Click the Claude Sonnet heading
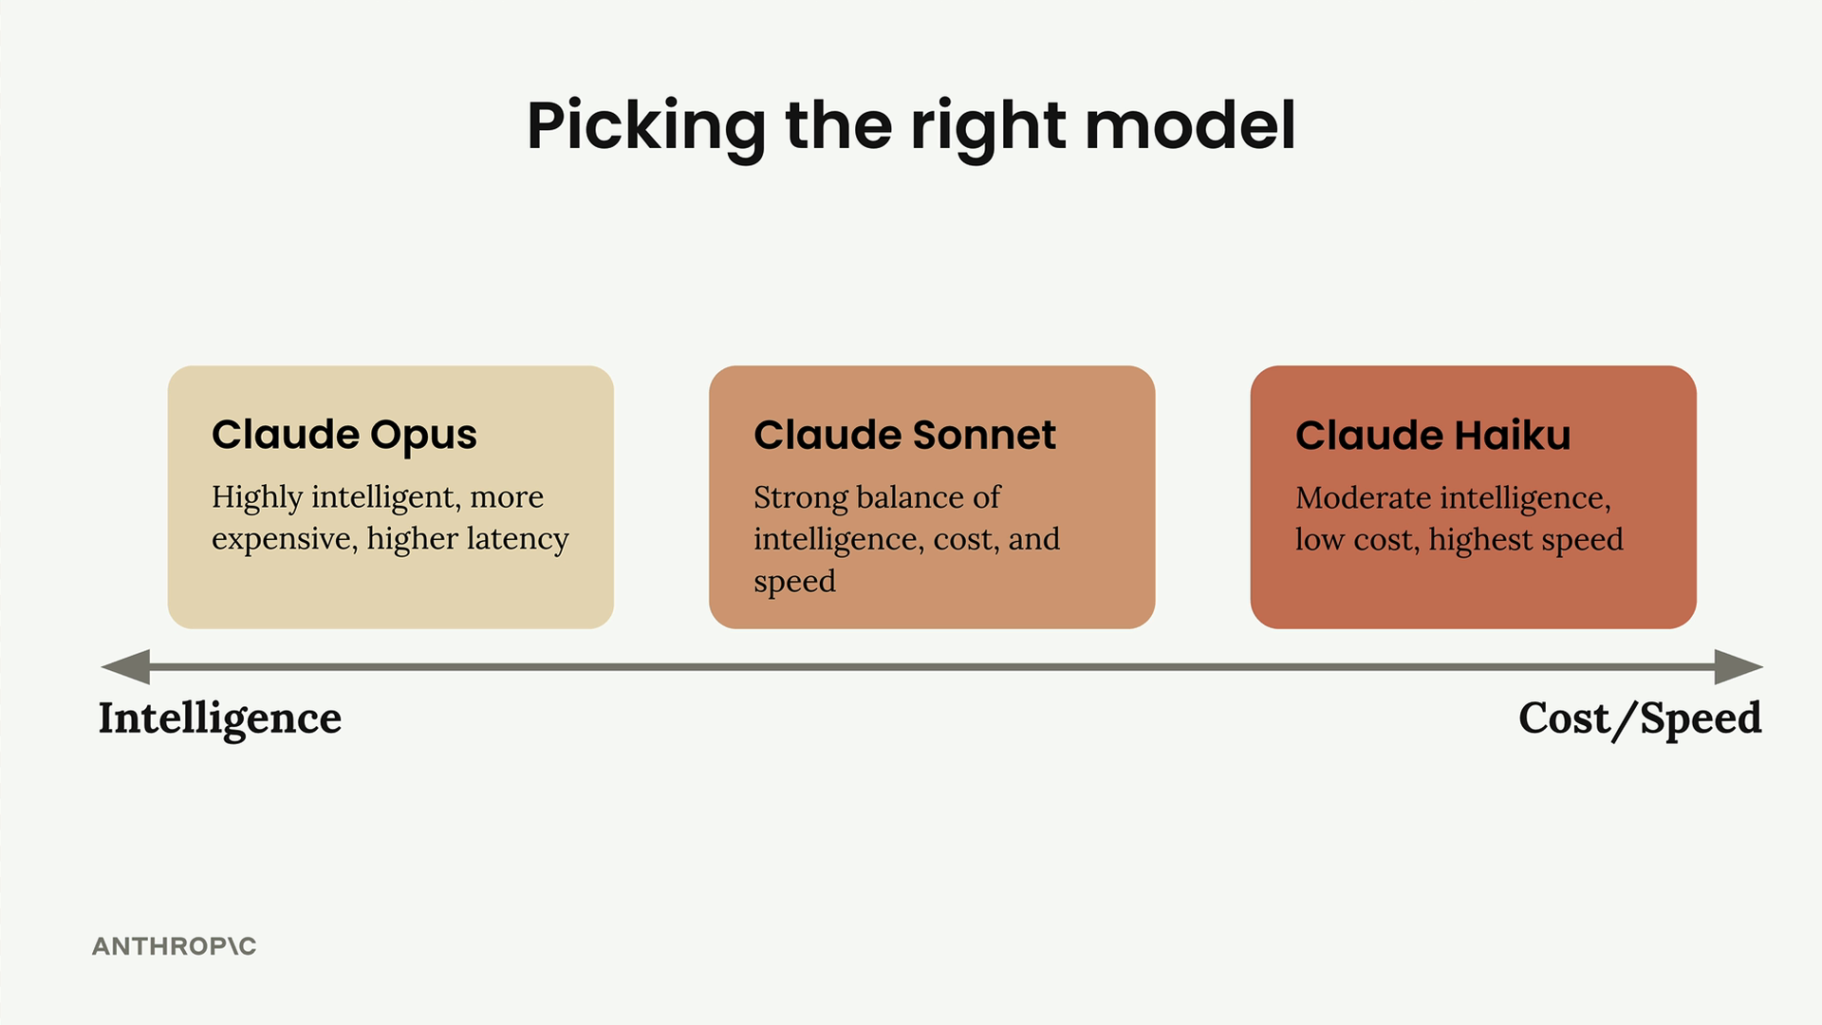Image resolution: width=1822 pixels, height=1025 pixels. tap(904, 436)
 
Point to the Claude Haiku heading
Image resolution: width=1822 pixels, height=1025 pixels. tap(1433, 436)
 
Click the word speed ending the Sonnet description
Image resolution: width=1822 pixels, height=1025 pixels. tap(795, 582)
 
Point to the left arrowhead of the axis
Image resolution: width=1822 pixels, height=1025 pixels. tap(125, 667)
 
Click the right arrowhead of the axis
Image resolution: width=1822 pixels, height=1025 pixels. tap(1739, 667)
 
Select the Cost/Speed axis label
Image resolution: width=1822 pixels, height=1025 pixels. tap(1640, 719)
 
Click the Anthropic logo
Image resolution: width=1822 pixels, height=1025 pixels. tap(175, 946)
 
